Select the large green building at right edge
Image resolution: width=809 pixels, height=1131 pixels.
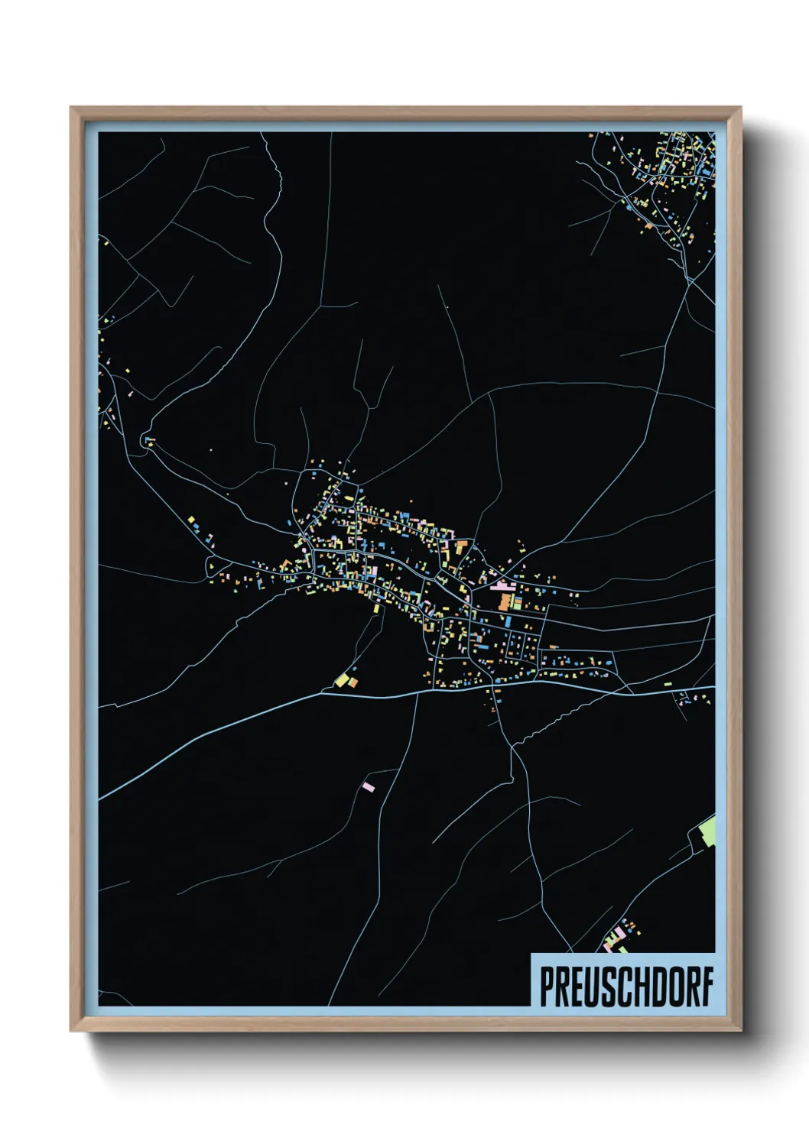click(708, 831)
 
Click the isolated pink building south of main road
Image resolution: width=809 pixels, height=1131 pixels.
click(369, 786)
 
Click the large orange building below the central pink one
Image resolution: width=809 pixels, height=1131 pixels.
click(504, 601)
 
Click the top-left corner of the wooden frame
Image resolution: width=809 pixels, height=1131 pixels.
click(72, 109)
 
